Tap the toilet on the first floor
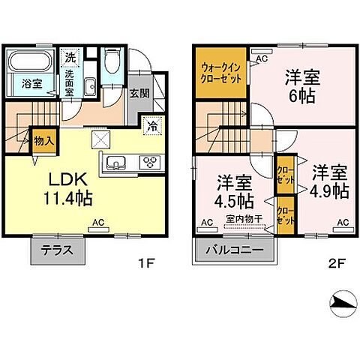coord(112,61)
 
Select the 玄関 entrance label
coord(139,94)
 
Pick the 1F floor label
coord(146,264)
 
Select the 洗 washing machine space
coord(69,57)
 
